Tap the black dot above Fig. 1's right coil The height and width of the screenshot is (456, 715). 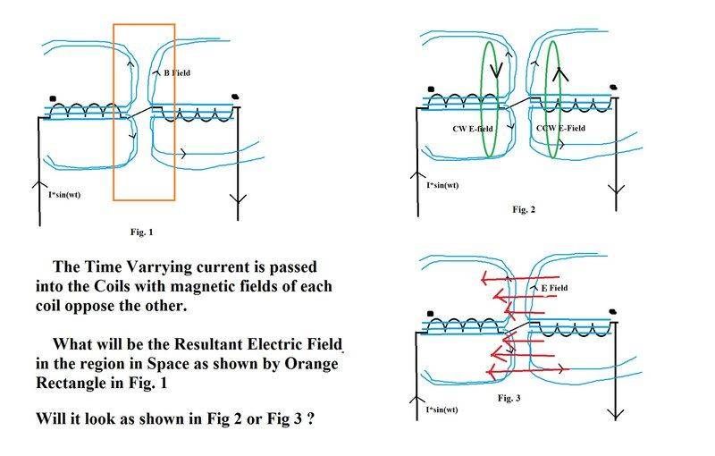click(x=235, y=95)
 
